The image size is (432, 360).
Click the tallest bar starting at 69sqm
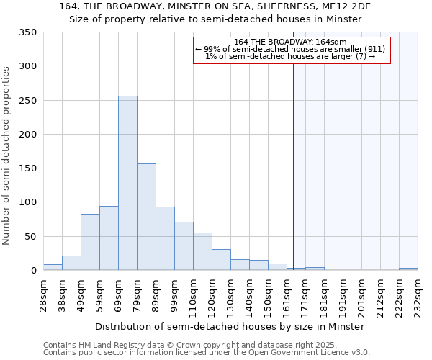(127, 184)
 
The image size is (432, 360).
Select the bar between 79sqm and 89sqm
(146, 217)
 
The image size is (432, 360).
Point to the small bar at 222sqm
(408, 269)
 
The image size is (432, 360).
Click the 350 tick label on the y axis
(27, 32)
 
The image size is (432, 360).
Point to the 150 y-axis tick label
(27, 168)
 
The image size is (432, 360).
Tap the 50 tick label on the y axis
(30, 237)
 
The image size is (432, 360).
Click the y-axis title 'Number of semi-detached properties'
(7, 156)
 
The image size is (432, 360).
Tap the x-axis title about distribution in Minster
(230, 326)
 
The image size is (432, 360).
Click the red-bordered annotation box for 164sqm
(292, 50)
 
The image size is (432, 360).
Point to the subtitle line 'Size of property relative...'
(215, 19)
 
